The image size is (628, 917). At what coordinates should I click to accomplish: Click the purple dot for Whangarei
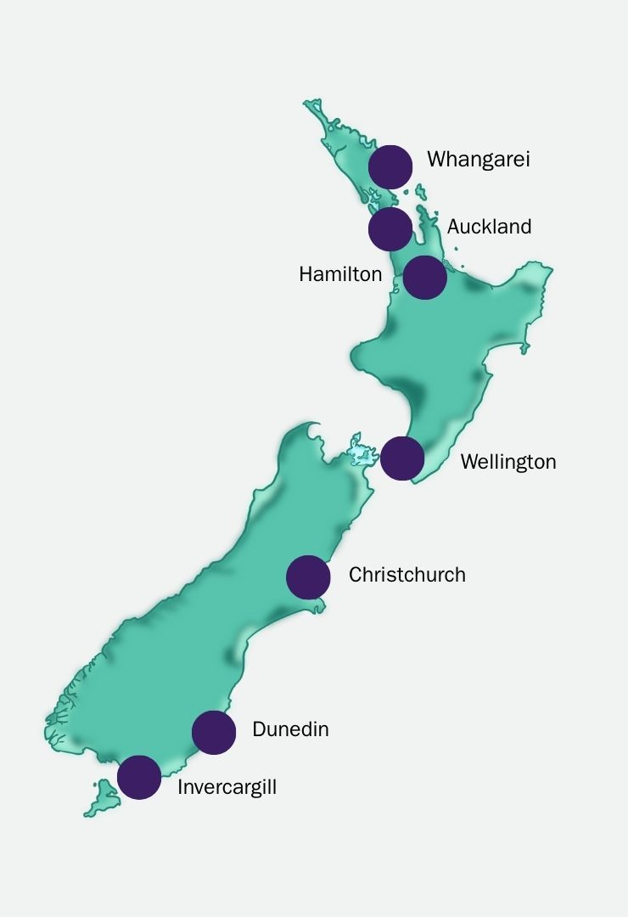click(x=390, y=166)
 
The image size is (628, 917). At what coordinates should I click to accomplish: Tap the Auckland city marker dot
click(x=390, y=228)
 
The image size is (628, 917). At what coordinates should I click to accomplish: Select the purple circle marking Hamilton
click(x=424, y=278)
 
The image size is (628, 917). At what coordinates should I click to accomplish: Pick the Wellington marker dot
click(x=402, y=458)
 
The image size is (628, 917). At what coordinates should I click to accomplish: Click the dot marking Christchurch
click(x=308, y=577)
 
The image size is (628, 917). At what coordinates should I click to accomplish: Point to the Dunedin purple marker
click(x=214, y=732)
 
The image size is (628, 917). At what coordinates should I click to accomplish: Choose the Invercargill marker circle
click(x=139, y=777)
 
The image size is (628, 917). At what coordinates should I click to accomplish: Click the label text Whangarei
click(x=478, y=160)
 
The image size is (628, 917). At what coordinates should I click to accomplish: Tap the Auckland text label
click(x=489, y=227)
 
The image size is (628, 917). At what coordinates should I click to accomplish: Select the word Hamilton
click(x=340, y=275)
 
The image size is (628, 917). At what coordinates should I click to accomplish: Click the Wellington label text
click(x=508, y=462)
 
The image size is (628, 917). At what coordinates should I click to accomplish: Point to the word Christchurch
click(x=407, y=575)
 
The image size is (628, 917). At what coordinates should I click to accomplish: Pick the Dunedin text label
click(x=290, y=729)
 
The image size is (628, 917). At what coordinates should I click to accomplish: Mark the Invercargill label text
click(x=227, y=787)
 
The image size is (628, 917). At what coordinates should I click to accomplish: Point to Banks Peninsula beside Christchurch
click(x=317, y=605)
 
